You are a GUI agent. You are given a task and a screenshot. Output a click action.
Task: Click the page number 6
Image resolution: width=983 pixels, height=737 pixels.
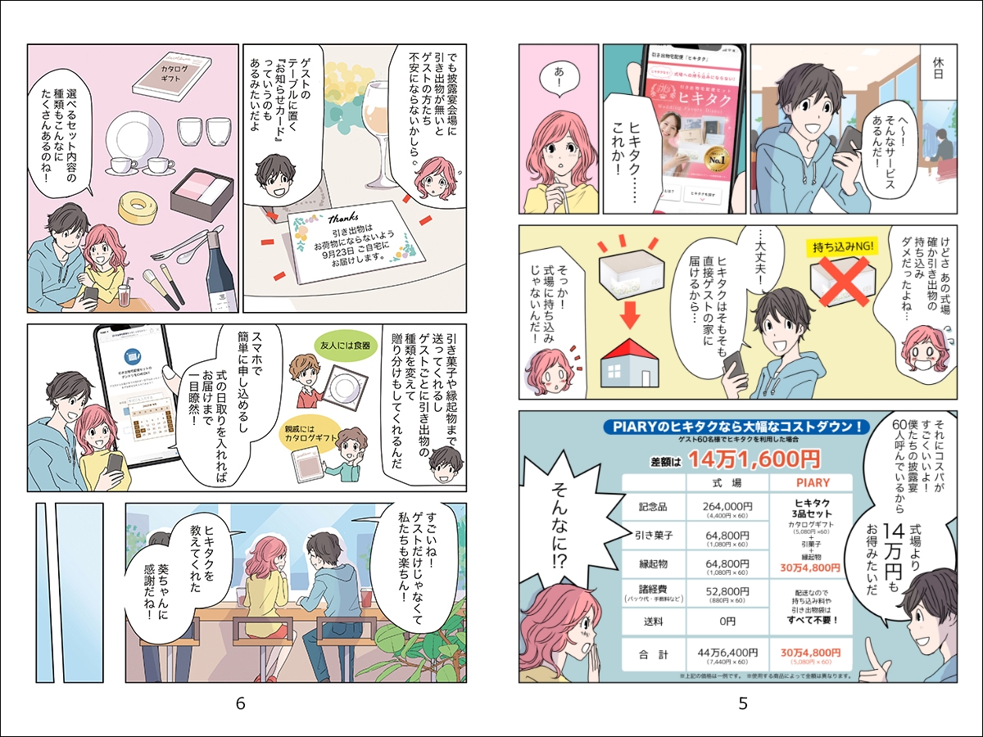[240, 703]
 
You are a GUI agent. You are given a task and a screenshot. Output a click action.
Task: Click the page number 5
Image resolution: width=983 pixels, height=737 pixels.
[742, 703]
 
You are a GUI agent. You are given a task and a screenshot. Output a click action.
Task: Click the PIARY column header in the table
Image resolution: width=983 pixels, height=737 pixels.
[812, 482]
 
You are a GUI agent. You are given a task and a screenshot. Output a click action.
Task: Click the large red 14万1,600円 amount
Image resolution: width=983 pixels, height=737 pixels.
[754, 459]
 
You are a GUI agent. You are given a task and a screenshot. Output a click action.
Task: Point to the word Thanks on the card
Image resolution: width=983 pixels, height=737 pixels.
[342, 219]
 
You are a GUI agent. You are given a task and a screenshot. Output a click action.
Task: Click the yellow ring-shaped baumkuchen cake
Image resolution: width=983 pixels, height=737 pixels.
[137, 209]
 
